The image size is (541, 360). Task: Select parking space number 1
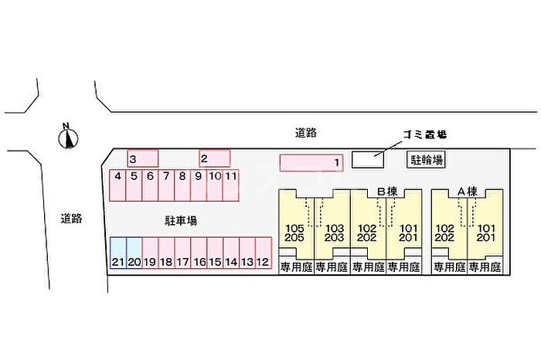(x=311, y=163)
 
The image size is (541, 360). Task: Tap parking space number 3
(x=143, y=158)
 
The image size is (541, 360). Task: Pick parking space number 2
(x=215, y=158)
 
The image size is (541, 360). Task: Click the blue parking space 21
(x=117, y=253)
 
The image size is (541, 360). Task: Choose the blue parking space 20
(x=134, y=253)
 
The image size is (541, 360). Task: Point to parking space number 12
(x=263, y=253)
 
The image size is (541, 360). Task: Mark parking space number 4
(x=117, y=185)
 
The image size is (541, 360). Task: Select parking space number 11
(x=230, y=185)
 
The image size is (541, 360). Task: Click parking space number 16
(x=199, y=253)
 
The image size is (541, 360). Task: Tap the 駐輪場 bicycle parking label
(x=426, y=160)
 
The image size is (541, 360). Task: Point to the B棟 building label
(x=386, y=191)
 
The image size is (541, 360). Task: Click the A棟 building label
(x=467, y=191)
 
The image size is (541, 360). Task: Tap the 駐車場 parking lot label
(x=180, y=220)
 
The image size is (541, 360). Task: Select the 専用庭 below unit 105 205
(x=295, y=268)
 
